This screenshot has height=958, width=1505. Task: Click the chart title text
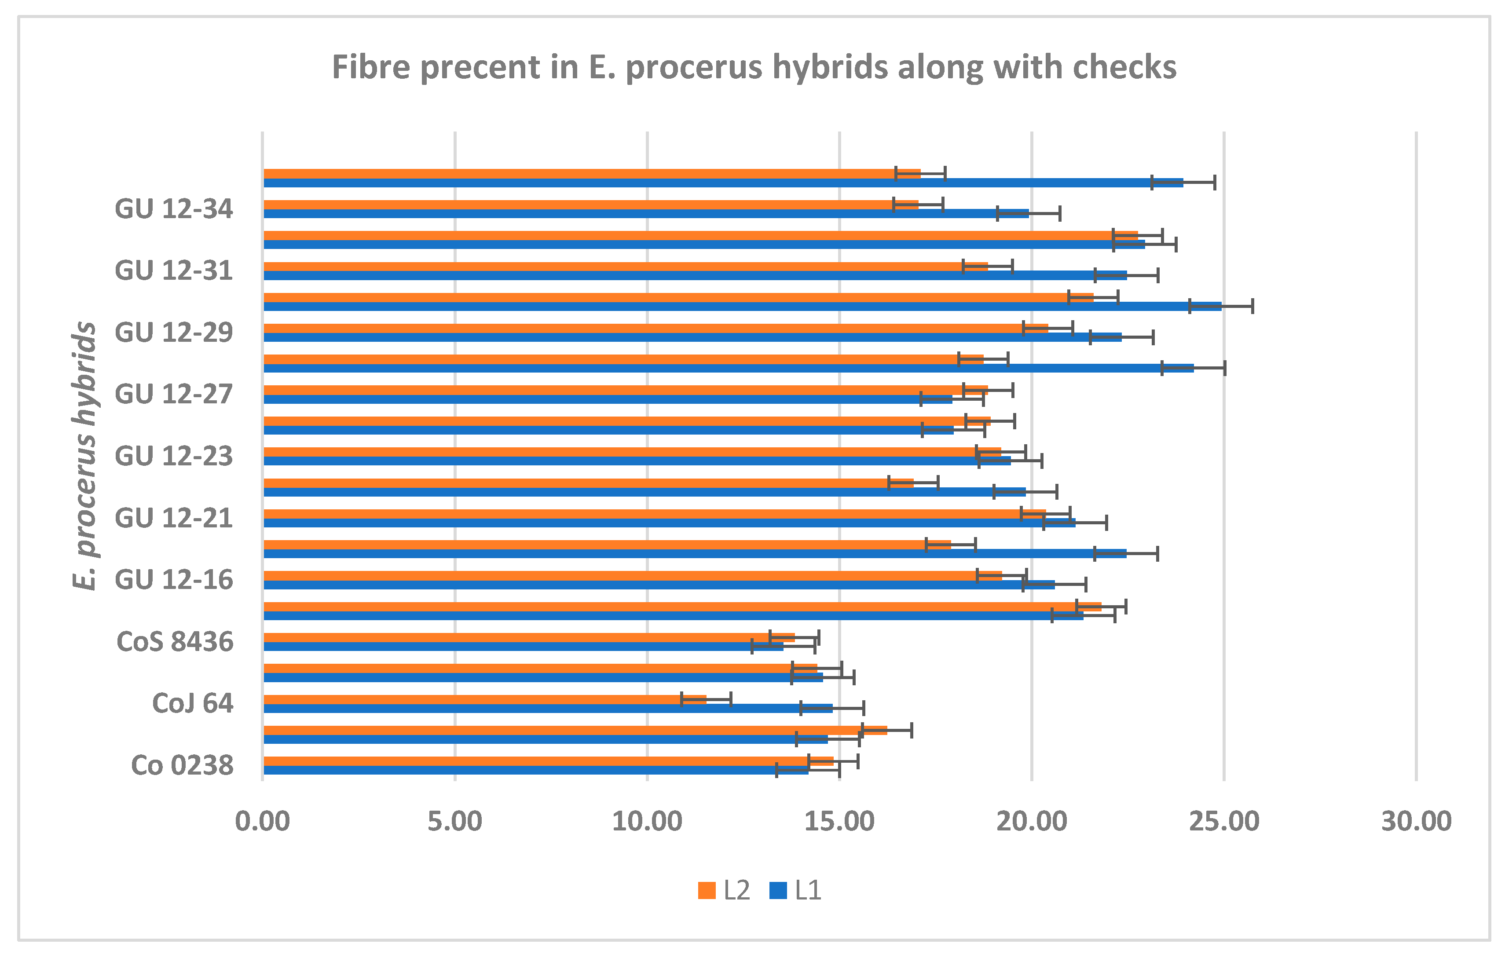click(753, 67)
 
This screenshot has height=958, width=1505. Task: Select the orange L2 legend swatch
click(706, 891)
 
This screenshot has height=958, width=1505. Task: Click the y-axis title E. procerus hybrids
click(85, 456)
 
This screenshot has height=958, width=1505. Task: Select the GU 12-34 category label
click(174, 209)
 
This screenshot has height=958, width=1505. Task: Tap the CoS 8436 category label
click(175, 642)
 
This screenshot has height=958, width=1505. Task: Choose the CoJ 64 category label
click(193, 704)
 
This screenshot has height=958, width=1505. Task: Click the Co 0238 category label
click(183, 765)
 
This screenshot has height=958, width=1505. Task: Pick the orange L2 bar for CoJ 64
click(484, 699)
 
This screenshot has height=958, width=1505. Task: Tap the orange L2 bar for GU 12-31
click(625, 266)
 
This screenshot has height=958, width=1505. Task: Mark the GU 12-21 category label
click(174, 518)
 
